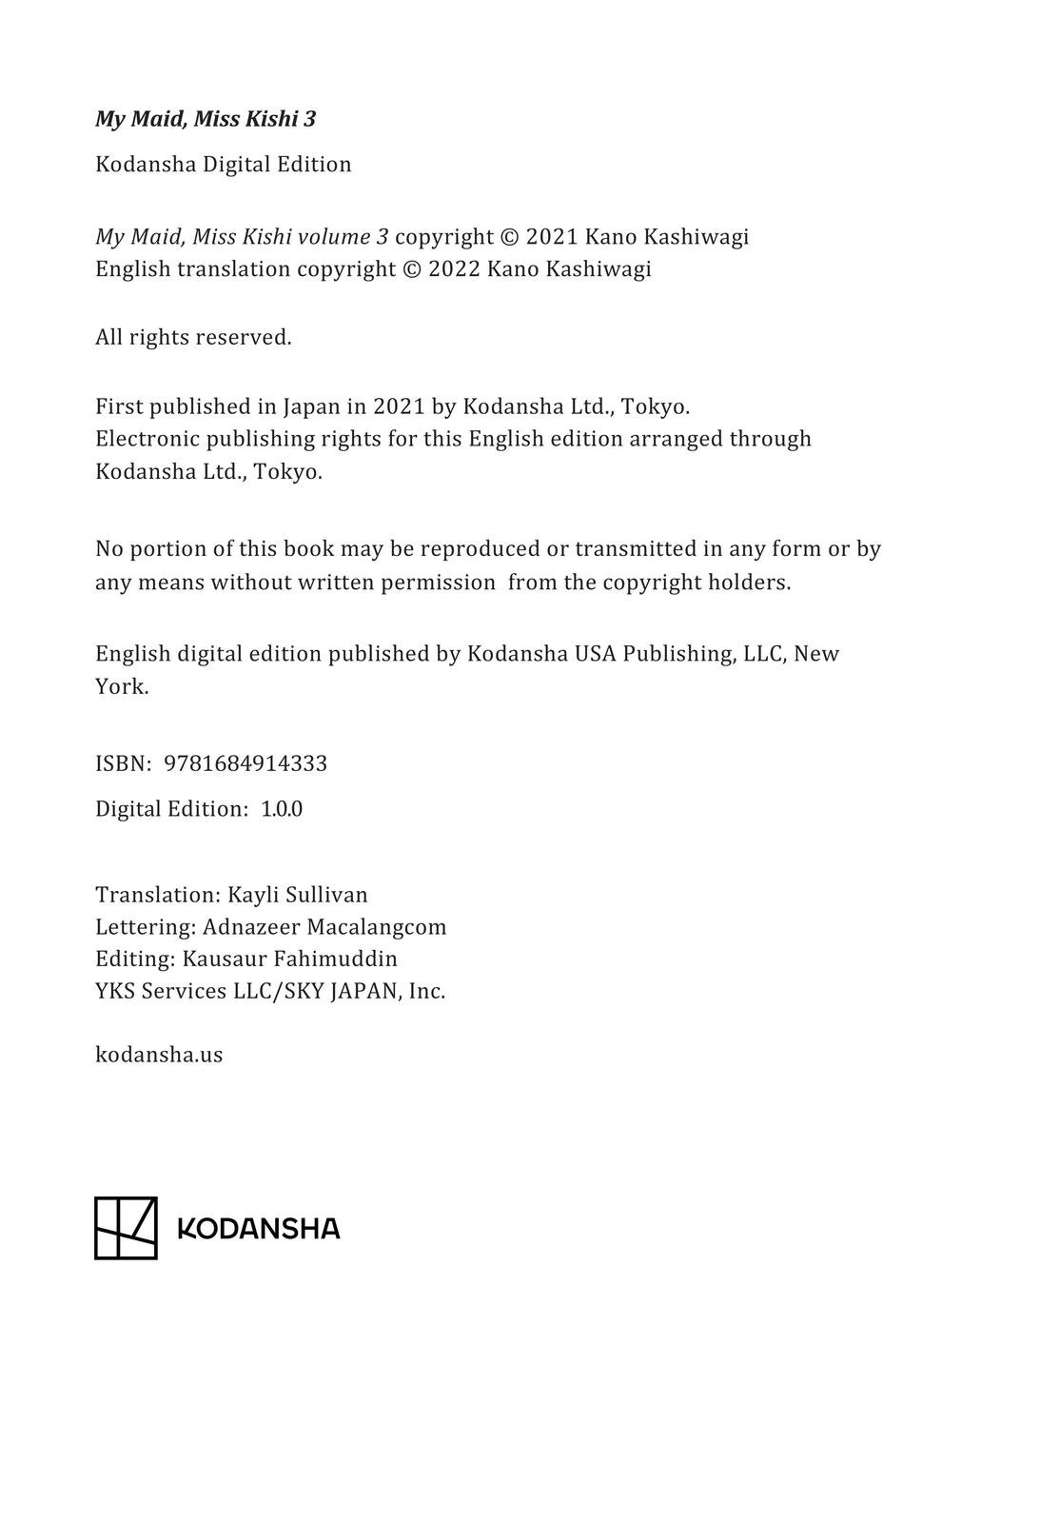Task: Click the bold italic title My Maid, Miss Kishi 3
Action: (x=206, y=119)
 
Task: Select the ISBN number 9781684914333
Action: (x=245, y=763)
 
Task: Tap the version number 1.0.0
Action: (x=282, y=809)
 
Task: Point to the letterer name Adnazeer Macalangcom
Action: (x=324, y=927)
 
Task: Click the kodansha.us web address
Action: (x=159, y=1055)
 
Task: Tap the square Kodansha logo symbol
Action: (x=126, y=1228)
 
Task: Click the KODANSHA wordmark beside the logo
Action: (x=259, y=1229)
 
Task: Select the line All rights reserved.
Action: (x=193, y=337)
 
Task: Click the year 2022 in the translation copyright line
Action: (x=454, y=269)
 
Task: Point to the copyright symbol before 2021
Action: (x=509, y=237)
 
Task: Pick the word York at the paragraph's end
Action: (x=122, y=686)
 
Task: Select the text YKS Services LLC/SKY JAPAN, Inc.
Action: (x=270, y=991)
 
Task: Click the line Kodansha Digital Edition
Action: (x=224, y=165)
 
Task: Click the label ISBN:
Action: (x=124, y=763)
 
